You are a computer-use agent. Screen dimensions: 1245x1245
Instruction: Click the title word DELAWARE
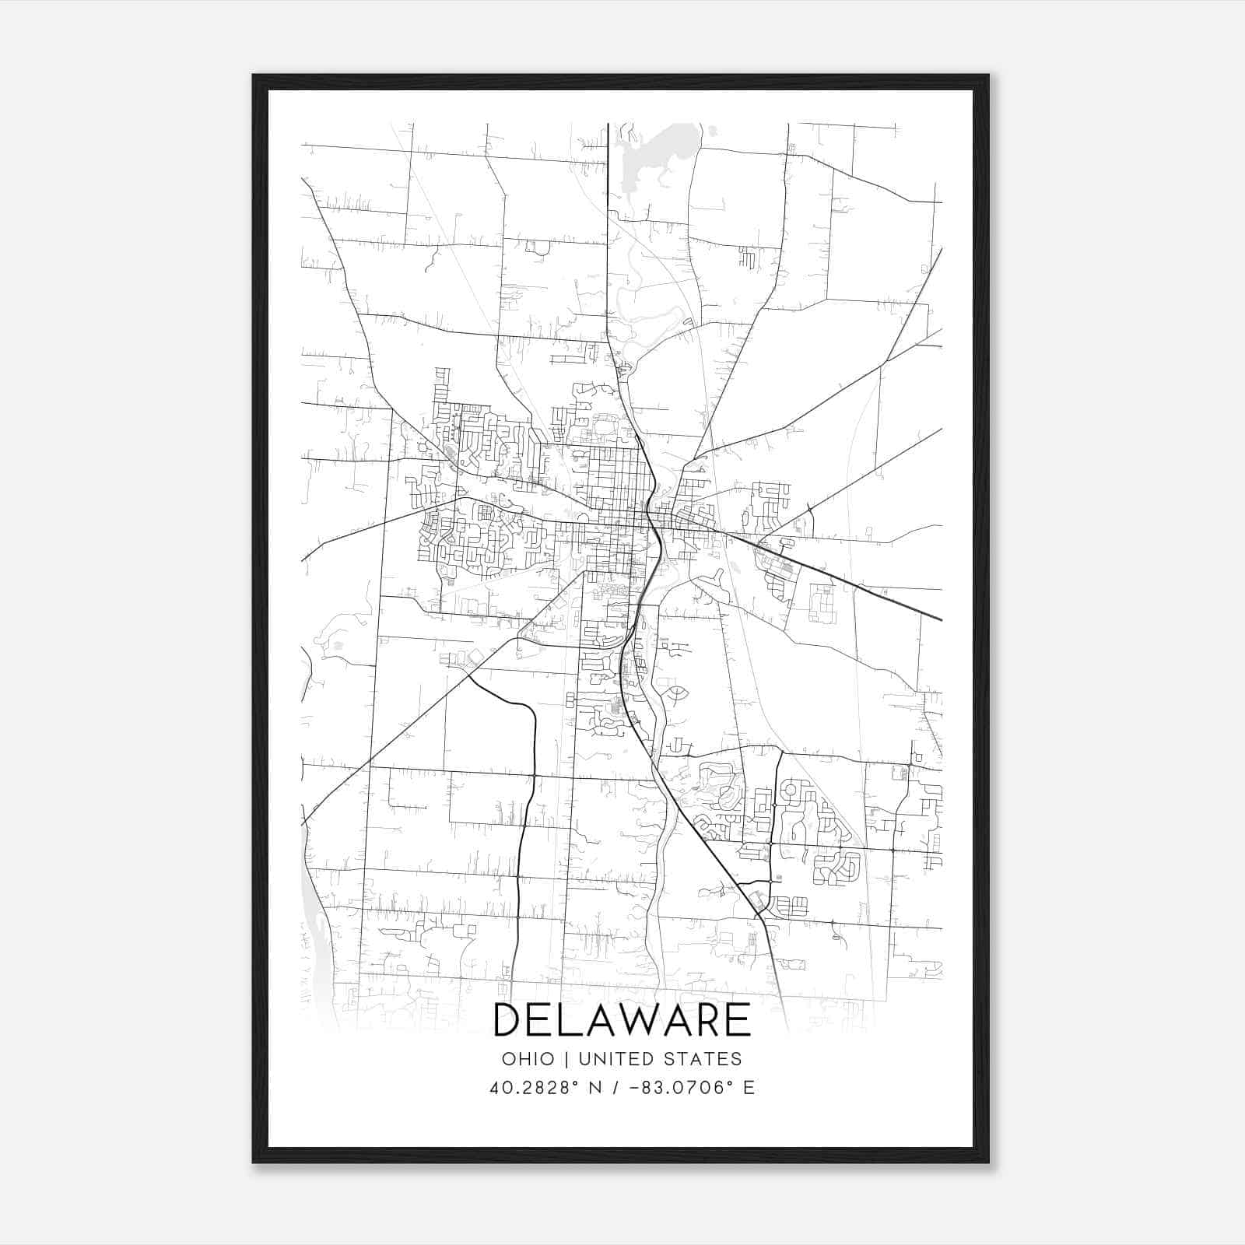coord(622,1020)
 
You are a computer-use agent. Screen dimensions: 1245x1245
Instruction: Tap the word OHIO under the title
coord(528,1059)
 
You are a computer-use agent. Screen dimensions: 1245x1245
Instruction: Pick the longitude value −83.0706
coord(687,1088)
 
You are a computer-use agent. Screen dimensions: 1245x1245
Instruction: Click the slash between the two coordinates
coord(617,1088)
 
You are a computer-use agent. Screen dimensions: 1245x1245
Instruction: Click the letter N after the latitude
coord(595,1088)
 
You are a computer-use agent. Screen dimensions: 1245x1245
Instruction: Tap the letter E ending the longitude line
coord(749,1088)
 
